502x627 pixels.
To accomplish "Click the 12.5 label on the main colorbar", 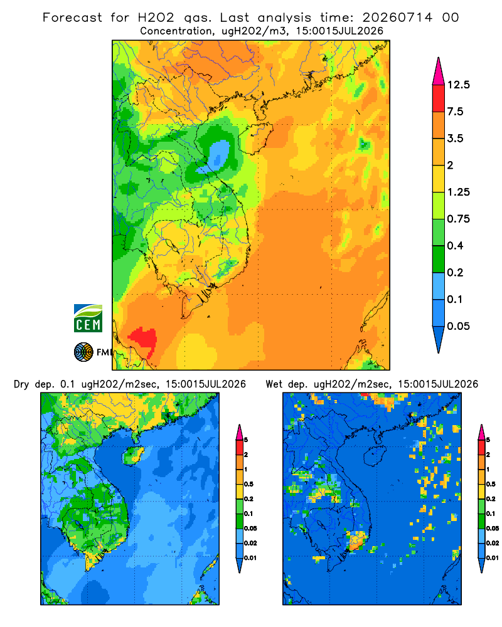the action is click(x=458, y=85).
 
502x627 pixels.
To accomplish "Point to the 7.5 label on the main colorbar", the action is click(x=455, y=112).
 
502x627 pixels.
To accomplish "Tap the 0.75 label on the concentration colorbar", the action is click(x=458, y=219).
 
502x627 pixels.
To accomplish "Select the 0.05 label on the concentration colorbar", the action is click(x=458, y=326).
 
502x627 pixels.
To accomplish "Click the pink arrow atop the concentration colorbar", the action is click(x=439, y=71).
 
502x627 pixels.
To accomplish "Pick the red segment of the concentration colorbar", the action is click(x=439, y=98).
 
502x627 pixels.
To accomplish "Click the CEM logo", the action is click(x=88, y=318).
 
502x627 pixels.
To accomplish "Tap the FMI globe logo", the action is click(x=83, y=352).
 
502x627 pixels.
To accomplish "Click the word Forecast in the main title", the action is click(x=72, y=18).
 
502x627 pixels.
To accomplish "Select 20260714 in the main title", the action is click(x=397, y=18).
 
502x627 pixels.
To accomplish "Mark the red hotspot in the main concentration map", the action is click(x=143, y=340).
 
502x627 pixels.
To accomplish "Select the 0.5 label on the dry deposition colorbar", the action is click(x=248, y=484).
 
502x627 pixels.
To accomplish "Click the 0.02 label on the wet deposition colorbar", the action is click(x=493, y=543).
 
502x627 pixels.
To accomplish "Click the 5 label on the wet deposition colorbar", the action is click(x=488, y=440).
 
